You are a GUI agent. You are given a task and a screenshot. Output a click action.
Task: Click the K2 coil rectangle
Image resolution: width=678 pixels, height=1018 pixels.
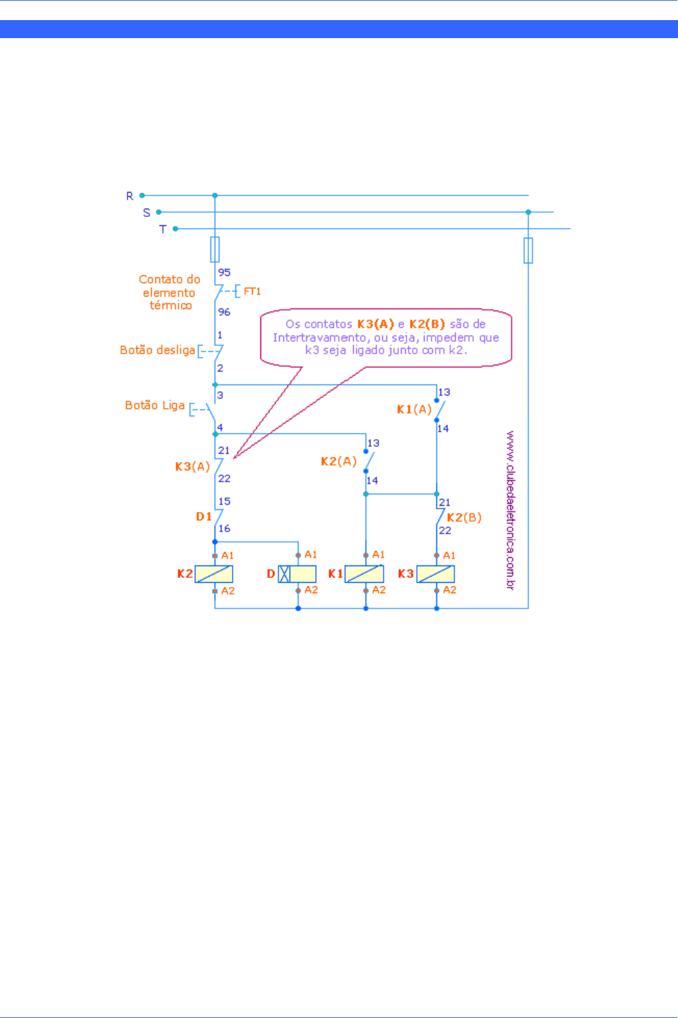(214, 574)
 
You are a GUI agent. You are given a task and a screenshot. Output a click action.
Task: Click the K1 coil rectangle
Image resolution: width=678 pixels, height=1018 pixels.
(365, 574)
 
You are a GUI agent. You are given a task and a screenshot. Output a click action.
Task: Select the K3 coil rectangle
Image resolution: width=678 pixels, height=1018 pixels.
(436, 574)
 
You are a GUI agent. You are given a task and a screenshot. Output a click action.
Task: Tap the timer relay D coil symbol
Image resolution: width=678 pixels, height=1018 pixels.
(297, 574)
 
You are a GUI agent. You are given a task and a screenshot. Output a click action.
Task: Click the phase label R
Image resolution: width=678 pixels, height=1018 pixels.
(130, 196)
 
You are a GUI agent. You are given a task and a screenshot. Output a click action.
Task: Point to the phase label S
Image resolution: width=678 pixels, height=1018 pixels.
(147, 213)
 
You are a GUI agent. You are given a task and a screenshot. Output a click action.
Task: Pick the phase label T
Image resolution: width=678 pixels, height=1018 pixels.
(163, 229)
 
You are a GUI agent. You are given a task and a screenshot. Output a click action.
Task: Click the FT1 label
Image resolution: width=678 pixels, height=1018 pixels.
(252, 292)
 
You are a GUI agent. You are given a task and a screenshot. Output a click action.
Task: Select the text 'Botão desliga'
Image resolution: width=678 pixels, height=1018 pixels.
(157, 350)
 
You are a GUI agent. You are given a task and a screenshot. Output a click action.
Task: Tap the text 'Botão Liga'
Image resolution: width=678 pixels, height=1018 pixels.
(155, 405)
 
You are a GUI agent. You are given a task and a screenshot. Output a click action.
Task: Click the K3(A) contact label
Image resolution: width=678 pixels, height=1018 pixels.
(192, 466)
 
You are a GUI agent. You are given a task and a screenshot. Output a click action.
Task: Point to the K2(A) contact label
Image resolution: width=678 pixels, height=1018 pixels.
(339, 462)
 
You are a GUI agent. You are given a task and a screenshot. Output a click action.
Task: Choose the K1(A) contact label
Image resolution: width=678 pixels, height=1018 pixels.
(414, 410)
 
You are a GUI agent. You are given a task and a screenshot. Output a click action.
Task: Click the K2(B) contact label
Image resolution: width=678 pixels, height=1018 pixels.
(464, 518)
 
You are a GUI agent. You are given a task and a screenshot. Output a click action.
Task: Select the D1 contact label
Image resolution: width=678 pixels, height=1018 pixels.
(204, 516)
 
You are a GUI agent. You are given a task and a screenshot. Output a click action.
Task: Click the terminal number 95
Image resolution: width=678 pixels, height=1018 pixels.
(224, 272)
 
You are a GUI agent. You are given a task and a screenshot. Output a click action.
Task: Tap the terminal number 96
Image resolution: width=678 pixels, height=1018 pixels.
(224, 312)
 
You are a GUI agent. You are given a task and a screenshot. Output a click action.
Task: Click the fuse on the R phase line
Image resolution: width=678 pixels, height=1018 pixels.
(215, 249)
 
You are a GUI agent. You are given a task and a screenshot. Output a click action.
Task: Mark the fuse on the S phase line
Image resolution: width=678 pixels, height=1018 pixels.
(528, 250)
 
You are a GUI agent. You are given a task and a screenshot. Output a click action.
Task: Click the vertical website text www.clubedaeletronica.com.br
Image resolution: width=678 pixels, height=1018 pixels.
(510, 510)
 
